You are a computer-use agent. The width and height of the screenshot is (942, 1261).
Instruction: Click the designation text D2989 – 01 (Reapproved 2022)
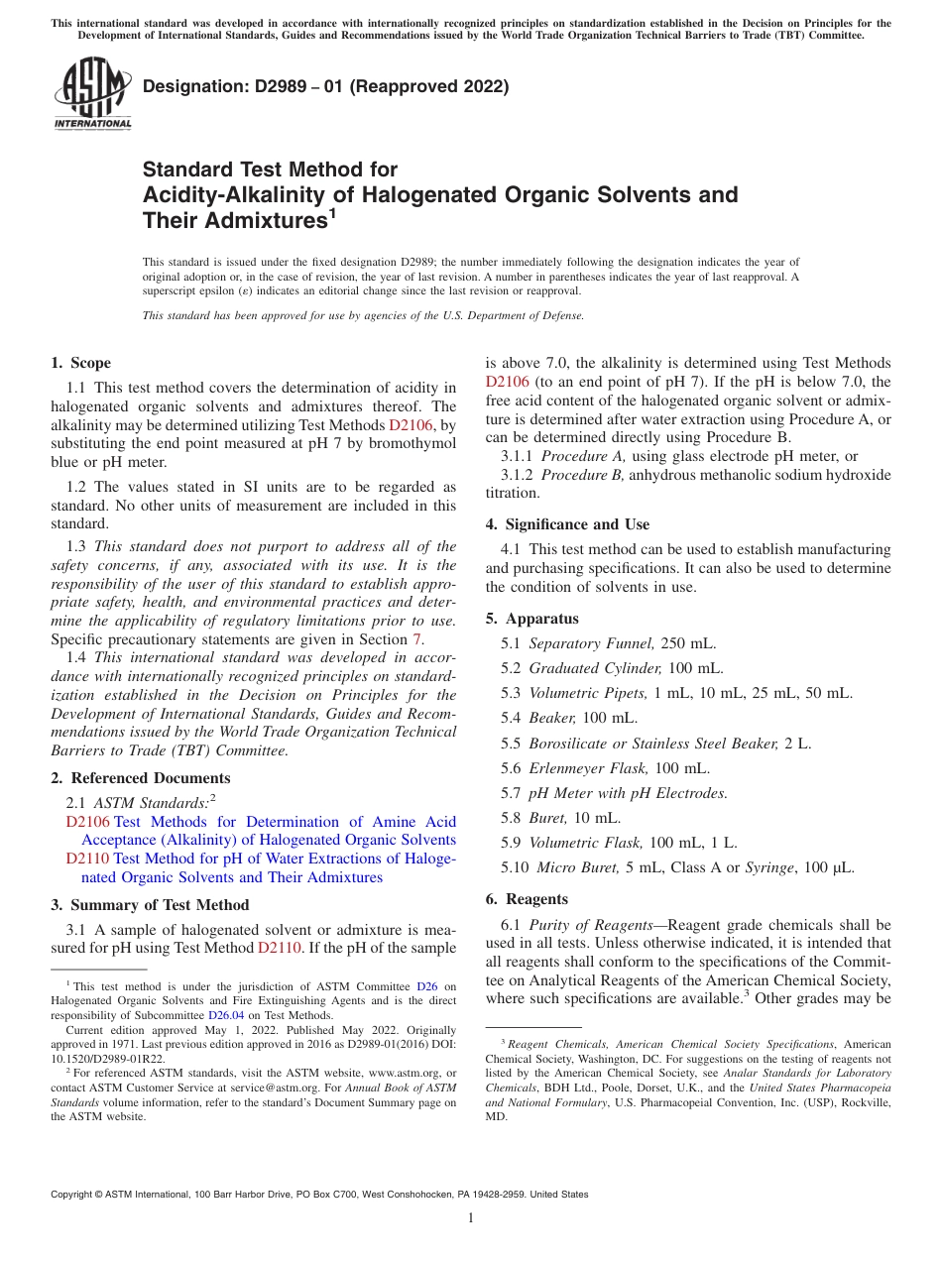coord(325,86)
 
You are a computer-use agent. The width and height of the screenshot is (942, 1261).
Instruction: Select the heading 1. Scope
coord(81,363)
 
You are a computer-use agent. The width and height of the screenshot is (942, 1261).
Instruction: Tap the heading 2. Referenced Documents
coord(140,778)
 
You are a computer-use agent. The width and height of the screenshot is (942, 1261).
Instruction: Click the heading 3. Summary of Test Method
coord(150,905)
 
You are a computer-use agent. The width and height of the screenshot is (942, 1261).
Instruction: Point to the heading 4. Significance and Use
coord(567,524)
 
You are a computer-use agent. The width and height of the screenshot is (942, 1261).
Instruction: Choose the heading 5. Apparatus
coord(531,619)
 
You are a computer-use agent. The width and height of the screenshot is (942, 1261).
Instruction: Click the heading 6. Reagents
coord(527,899)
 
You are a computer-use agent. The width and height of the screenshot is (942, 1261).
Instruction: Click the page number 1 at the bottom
coord(471,1217)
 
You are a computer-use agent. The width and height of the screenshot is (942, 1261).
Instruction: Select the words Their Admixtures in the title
coord(234,220)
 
